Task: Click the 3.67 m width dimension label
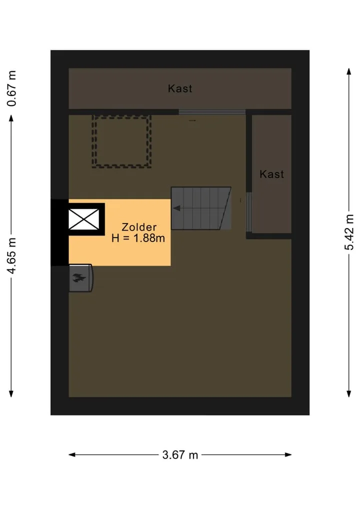[x=180, y=455]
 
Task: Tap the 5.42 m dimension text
[x=349, y=232]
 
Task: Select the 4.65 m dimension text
[x=11, y=255]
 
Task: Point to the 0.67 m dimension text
[x=11, y=88]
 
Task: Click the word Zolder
[x=139, y=227]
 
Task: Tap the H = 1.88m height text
[x=138, y=238]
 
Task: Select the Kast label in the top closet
[x=180, y=88]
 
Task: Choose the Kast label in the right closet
[x=271, y=174]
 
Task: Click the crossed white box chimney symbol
[x=84, y=219]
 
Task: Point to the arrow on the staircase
[x=177, y=208]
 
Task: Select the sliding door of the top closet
[x=212, y=112]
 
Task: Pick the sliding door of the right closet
[x=249, y=212]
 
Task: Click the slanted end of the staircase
[x=226, y=208]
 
